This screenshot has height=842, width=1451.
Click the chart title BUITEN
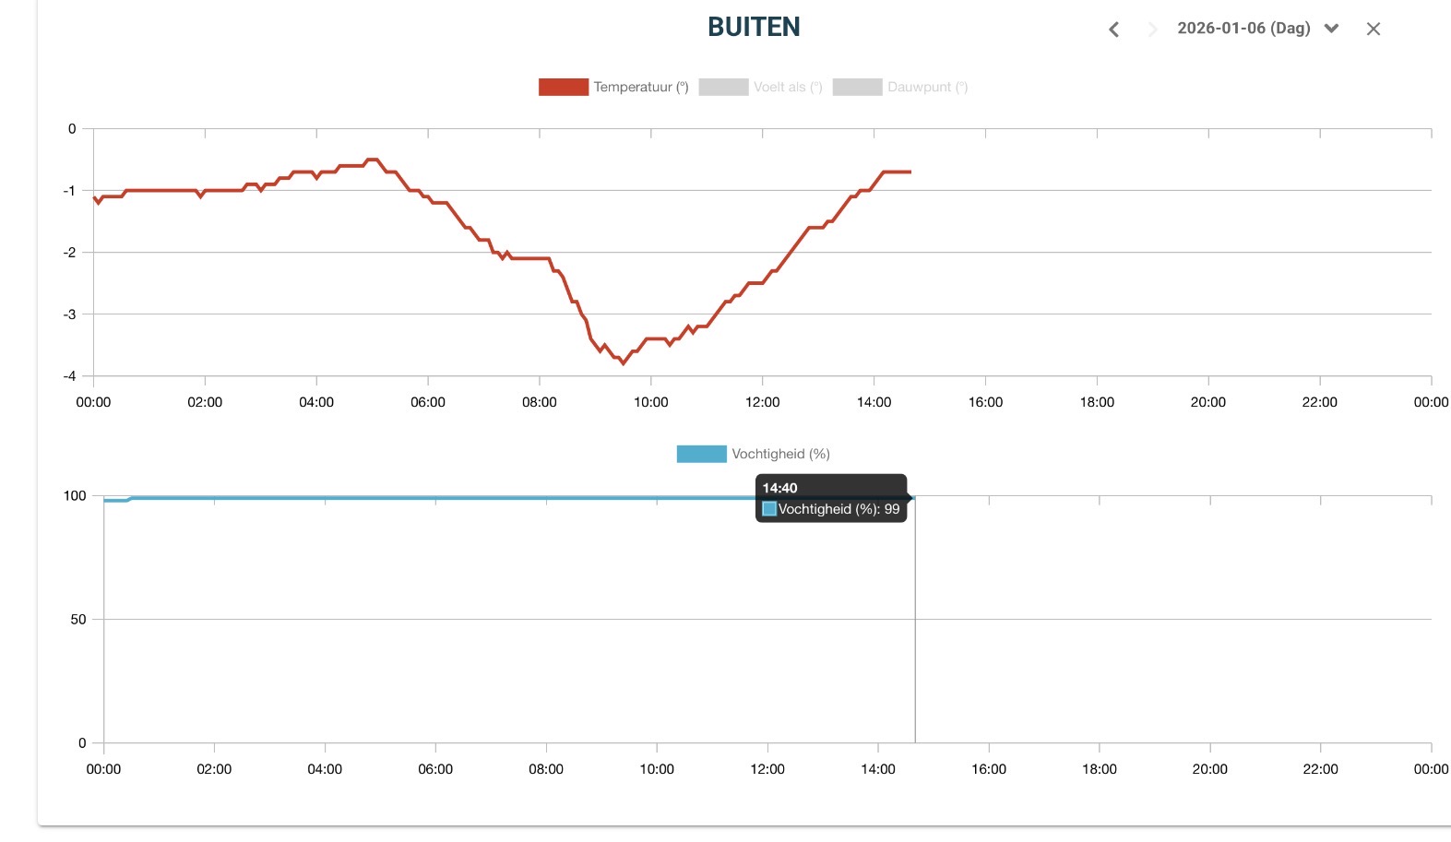tap(754, 28)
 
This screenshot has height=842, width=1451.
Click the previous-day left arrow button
tap(1113, 30)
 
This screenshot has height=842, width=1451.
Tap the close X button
tap(1373, 30)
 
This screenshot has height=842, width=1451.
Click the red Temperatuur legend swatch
tap(563, 88)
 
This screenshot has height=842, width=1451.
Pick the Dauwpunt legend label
tap(926, 88)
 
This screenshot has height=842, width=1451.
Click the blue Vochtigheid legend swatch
tap(701, 454)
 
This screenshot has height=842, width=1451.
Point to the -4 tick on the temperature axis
tap(70, 376)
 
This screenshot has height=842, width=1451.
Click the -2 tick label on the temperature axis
tap(70, 253)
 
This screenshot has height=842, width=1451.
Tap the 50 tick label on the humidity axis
tap(78, 620)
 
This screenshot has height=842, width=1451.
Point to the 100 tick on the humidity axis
tap(75, 496)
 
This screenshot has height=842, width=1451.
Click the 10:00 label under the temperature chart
tap(651, 402)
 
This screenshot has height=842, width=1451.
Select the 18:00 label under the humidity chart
tap(1100, 769)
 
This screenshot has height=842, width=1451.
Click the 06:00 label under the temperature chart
tap(428, 402)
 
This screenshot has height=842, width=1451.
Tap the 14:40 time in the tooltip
tap(779, 488)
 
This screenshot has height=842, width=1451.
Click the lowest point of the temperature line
tap(624, 363)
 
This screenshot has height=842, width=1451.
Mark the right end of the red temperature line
tap(910, 172)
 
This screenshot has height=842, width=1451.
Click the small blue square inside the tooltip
tap(769, 509)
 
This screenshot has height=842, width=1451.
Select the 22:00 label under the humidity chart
tap(1320, 769)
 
